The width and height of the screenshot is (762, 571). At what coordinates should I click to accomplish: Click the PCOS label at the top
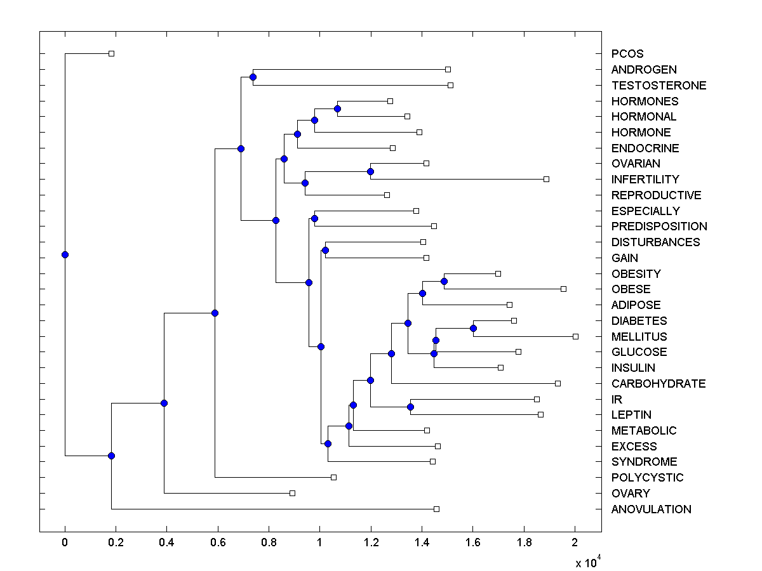pos(627,54)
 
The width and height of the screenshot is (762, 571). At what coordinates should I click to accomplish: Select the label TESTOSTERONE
pos(658,85)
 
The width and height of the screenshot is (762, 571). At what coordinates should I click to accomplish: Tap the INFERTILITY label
pos(645,180)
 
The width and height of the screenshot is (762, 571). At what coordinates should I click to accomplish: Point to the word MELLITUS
pos(639,336)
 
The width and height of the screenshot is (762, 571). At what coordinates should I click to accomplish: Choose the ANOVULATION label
pos(651,509)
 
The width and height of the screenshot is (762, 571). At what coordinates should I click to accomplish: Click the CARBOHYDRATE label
pos(658,384)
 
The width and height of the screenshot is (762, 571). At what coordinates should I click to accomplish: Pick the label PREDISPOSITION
pos(659,226)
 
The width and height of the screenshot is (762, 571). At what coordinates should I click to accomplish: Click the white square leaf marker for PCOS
pos(111,53)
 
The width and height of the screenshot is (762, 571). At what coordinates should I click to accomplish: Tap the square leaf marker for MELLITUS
pos(575,336)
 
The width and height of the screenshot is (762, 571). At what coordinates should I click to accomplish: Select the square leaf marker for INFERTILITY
pos(546,179)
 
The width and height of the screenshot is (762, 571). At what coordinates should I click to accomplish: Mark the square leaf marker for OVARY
pos(292,493)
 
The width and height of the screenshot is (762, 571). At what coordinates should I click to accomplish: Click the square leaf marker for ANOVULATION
pos(436,509)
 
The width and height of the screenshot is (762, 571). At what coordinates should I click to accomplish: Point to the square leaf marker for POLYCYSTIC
pos(333,477)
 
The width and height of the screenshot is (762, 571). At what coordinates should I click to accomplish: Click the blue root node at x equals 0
pos(65,254)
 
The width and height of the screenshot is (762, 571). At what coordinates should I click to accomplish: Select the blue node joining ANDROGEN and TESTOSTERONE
pos(253,77)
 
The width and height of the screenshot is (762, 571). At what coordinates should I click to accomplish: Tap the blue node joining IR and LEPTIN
pos(410,407)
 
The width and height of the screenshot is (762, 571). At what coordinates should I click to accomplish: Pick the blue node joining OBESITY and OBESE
pos(444,281)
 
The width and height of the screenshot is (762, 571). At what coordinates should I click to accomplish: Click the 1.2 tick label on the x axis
pos(371,542)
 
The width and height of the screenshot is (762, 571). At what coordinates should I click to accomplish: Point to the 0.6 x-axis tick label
pos(218,542)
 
